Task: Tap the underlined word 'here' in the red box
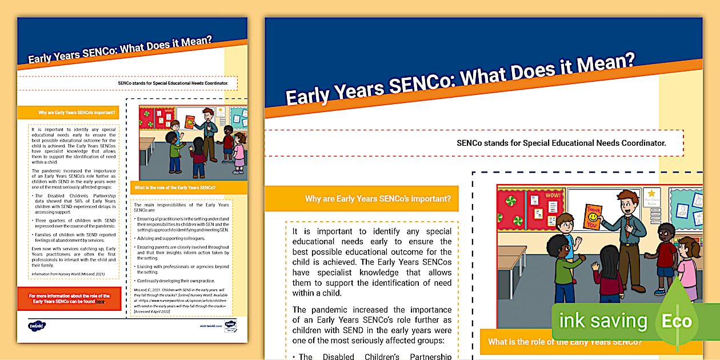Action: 100,301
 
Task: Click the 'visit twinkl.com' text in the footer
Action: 210,325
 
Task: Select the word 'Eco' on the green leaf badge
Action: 677,321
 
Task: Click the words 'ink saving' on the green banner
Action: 603,321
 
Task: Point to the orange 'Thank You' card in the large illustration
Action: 593,217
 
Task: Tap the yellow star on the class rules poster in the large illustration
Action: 651,194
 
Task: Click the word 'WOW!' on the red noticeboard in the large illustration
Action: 553,195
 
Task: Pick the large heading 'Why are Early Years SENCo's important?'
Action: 378,199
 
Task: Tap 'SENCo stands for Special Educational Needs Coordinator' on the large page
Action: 561,143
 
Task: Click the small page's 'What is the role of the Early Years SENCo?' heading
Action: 175,187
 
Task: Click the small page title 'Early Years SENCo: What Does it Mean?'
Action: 120,49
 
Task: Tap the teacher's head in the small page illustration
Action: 208,114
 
